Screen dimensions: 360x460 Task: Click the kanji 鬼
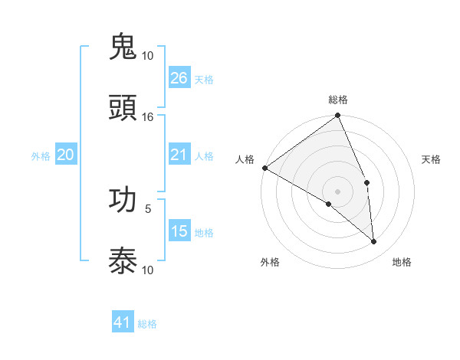click(x=123, y=47)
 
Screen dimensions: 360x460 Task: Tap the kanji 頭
click(x=123, y=108)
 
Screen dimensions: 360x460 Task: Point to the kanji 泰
click(x=123, y=261)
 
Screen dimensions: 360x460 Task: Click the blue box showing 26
click(x=179, y=78)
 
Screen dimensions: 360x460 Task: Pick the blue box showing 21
click(x=179, y=155)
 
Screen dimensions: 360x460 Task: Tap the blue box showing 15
click(x=179, y=231)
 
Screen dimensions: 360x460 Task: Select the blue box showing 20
click(x=66, y=155)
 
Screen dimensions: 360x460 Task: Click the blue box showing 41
click(x=123, y=322)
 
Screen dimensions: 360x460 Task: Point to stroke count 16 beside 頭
click(x=148, y=117)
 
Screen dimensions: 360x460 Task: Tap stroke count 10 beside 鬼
click(x=148, y=56)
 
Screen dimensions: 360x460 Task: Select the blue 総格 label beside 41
click(x=148, y=324)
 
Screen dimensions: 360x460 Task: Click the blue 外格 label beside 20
click(x=41, y=156)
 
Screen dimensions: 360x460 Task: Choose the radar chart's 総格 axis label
click(x=338, y=100)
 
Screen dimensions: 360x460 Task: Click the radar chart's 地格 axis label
click(x=402, y=263)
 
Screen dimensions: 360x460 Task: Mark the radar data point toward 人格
click(x=264, y=168)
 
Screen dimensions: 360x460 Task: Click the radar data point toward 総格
click(x=338, y=116)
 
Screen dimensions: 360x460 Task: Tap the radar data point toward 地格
click(x=373, y=241)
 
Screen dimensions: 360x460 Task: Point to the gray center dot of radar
click(x=338, y=191)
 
